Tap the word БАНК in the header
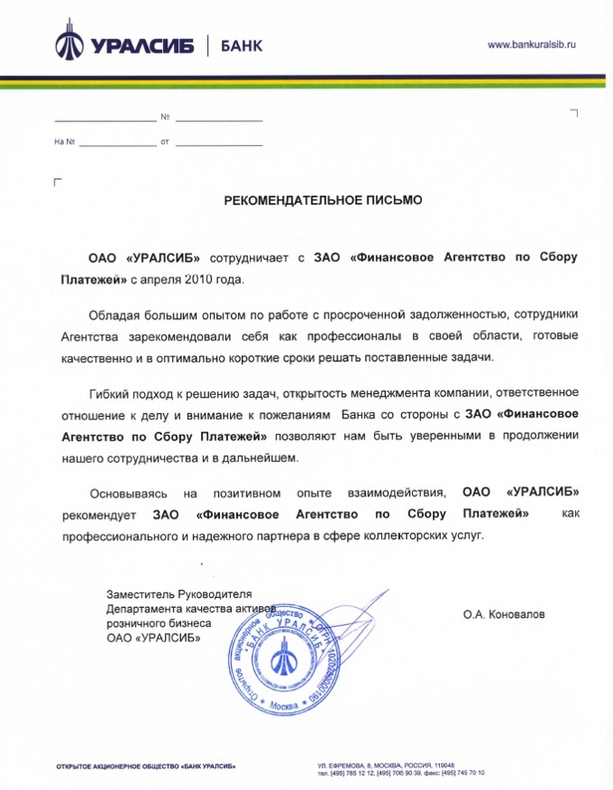[242, 45]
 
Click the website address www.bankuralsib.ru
[532, 43]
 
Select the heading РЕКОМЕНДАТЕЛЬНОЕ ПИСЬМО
[323, 199]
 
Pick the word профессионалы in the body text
[342, 336]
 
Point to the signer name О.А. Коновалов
[504, 614]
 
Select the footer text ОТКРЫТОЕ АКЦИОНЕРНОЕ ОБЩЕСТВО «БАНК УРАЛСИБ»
[147, 767]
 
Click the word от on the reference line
[165, 143]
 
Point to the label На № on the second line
[63, 143]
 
